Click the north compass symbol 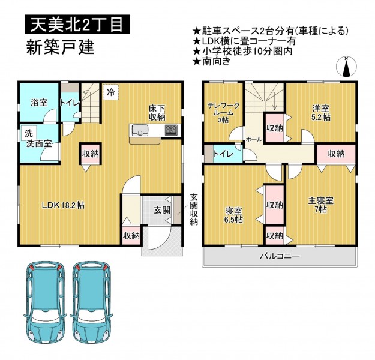click(x=346, y=67)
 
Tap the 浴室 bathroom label click(x=39, y=103)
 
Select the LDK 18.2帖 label click(x=63, y=205)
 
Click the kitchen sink click(x=139, y=130)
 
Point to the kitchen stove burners click(x=171, y=130)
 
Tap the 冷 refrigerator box click(x=111, y=92)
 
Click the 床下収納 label click(x=157, y=113)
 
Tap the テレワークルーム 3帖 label click(x=223, y=112)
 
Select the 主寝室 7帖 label click(x=321, y=205)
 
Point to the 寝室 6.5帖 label click(x=233, y=215)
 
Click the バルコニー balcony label click(x=280, y=256)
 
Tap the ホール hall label click(x=254, y=139)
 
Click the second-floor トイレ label click(x=223, y=154)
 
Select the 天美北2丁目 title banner click(x=77, y=24)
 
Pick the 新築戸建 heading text click(x=60, y=47)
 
